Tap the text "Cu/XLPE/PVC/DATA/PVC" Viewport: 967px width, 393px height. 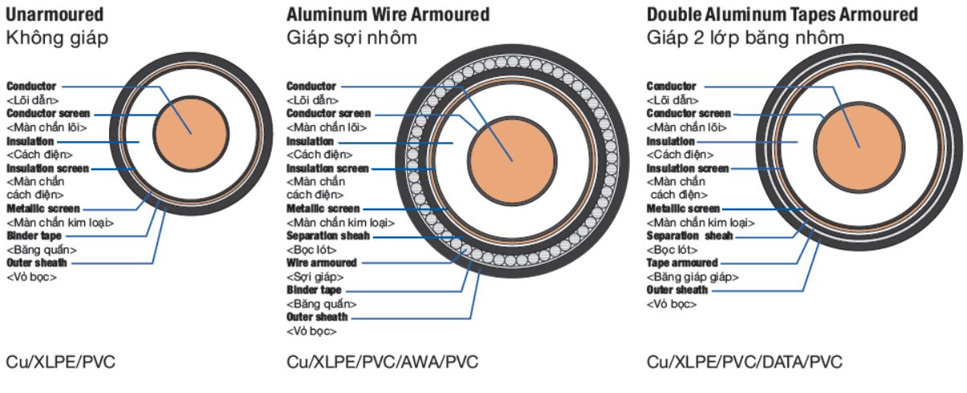745,363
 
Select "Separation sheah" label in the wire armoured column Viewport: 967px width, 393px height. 329,237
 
